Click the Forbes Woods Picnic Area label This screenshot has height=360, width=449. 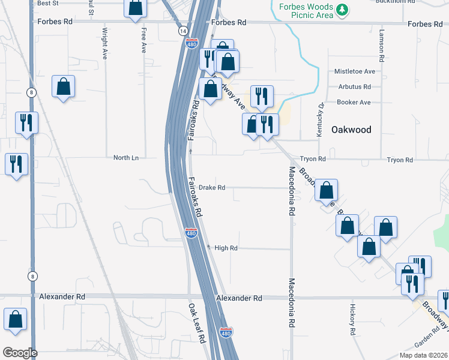tap(306, 10)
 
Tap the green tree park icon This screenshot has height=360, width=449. tap(342, 10)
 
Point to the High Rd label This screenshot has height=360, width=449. tap(226, 248)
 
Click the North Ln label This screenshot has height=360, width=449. tap(126, 158)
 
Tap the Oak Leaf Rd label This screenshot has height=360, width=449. tap(197, 322)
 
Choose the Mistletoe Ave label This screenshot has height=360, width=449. tap(355, 71)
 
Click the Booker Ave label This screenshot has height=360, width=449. tap(354, 102)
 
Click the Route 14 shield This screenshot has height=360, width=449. tap(182, 30)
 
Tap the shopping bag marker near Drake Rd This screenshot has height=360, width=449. tap(326, 191)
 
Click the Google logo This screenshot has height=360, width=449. tap(20, 353)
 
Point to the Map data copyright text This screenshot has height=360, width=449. tap(422, 355)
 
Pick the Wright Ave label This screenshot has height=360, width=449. tap(104, 43)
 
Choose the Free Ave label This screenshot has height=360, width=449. tap(143, 41)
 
